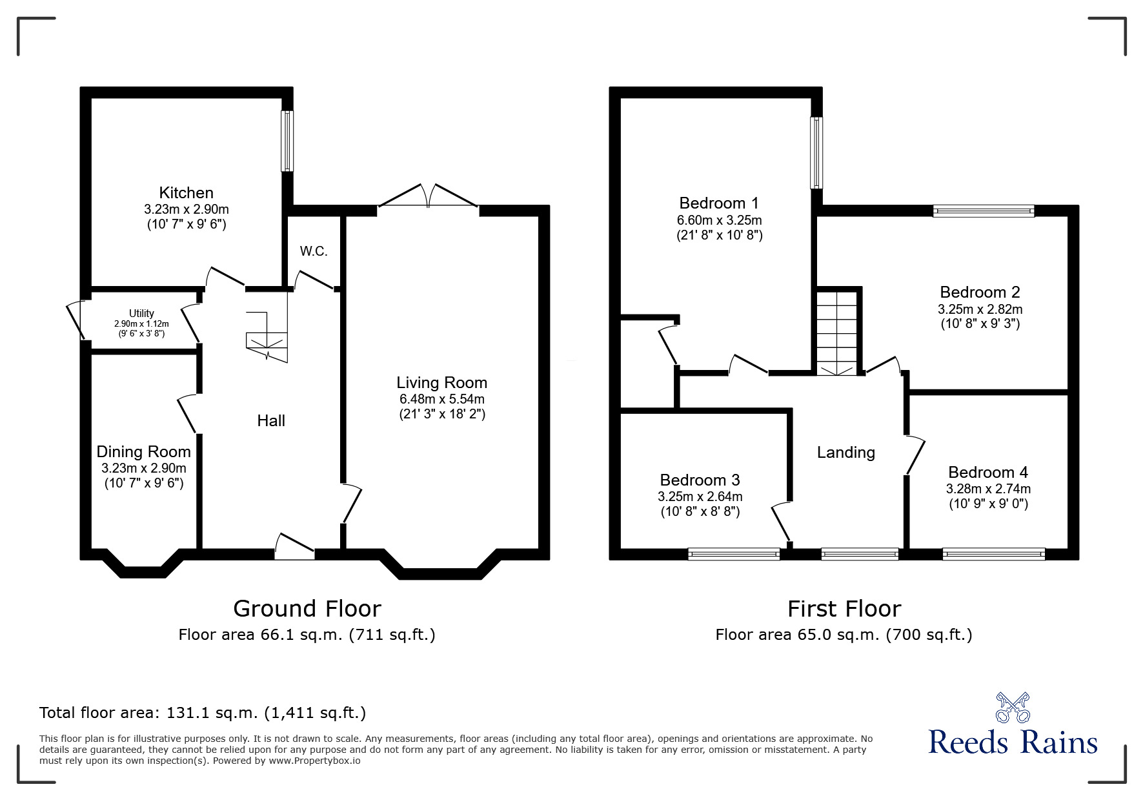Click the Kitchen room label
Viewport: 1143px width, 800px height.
186,192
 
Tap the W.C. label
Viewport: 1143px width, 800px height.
314,251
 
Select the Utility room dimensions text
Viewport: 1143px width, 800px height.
141,324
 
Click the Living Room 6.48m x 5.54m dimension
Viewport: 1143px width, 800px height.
441,399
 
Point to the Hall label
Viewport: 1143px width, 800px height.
270,420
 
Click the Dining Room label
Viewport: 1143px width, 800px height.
143,451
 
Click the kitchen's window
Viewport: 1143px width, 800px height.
287,141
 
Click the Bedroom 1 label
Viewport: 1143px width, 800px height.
718,203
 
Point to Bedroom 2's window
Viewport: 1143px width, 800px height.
984,210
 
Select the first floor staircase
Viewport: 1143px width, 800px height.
837,333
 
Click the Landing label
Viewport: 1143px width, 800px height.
845,452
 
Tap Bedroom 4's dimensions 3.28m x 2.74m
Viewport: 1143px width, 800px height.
987,489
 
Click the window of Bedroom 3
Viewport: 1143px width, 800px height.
734,553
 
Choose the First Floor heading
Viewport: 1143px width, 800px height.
844,608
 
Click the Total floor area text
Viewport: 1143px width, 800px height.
203,713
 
